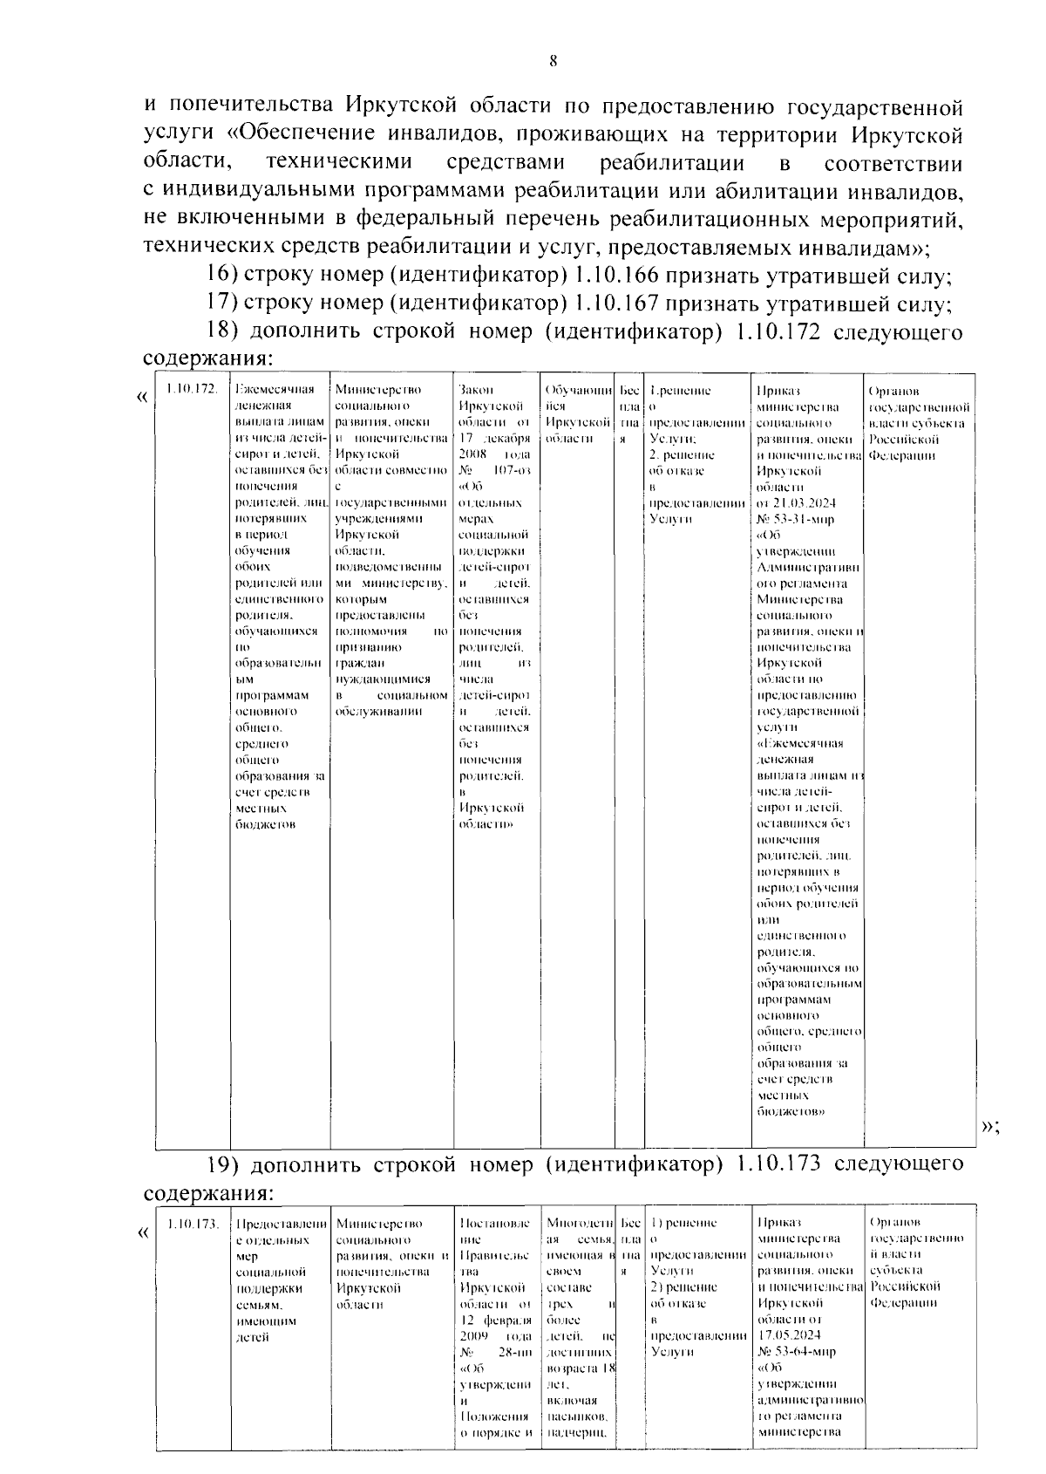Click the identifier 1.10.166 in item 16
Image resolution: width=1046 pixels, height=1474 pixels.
617,276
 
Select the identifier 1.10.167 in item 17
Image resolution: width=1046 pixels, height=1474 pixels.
617,304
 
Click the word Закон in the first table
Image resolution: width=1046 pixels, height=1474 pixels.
475,390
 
